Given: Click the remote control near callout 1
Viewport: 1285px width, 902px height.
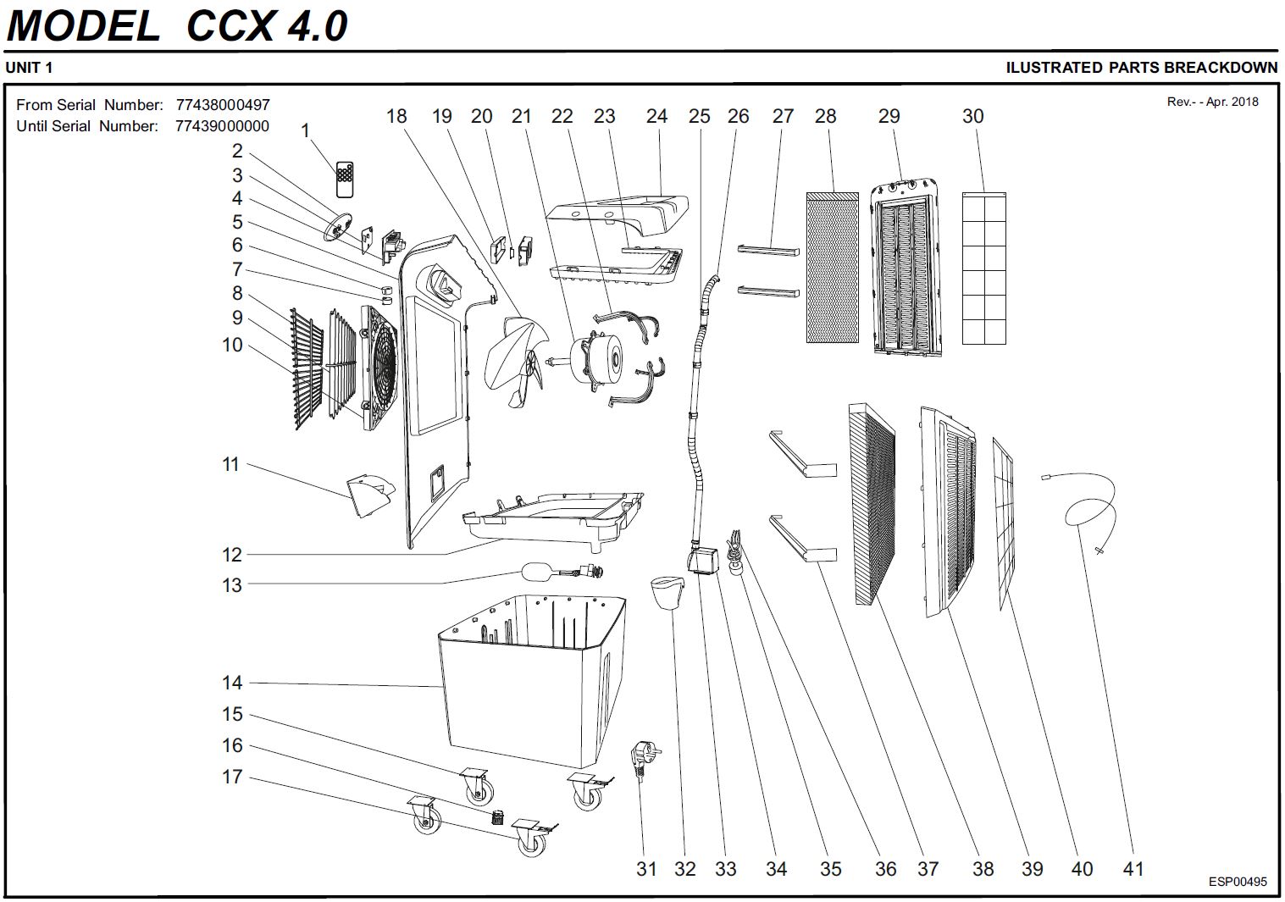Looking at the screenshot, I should pyautogui.click(x=344, y=179).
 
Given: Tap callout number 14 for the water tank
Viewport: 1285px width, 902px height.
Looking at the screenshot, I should pyautogui.click(x=232, y=683).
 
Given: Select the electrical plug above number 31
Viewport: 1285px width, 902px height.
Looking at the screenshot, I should pyautogui.click(x=645, y=759).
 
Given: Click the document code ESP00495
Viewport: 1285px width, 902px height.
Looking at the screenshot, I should pyautogui.click(x=1238, y=882).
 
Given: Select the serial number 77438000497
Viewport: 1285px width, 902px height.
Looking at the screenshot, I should pyautogui.click(x=223, y=105).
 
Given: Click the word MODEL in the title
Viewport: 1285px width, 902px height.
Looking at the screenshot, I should pyautogui.click(x=83, y=25).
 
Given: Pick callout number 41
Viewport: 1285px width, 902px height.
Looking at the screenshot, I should pyautogui.click(x=1133, y=868).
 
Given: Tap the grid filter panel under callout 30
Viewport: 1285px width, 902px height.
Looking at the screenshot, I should pyautogui.click(x=984, y=268).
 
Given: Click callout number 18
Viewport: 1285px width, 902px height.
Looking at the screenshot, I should pyautogui.click(x=396, y=116).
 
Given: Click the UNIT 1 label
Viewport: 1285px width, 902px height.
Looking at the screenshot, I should pyautogui.click(x=29, y=68).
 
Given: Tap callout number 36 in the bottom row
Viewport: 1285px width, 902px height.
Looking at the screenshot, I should pyautogui.click(x=885, y=868).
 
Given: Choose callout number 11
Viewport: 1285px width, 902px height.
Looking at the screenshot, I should pyautogui.click(x=230, y=464).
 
